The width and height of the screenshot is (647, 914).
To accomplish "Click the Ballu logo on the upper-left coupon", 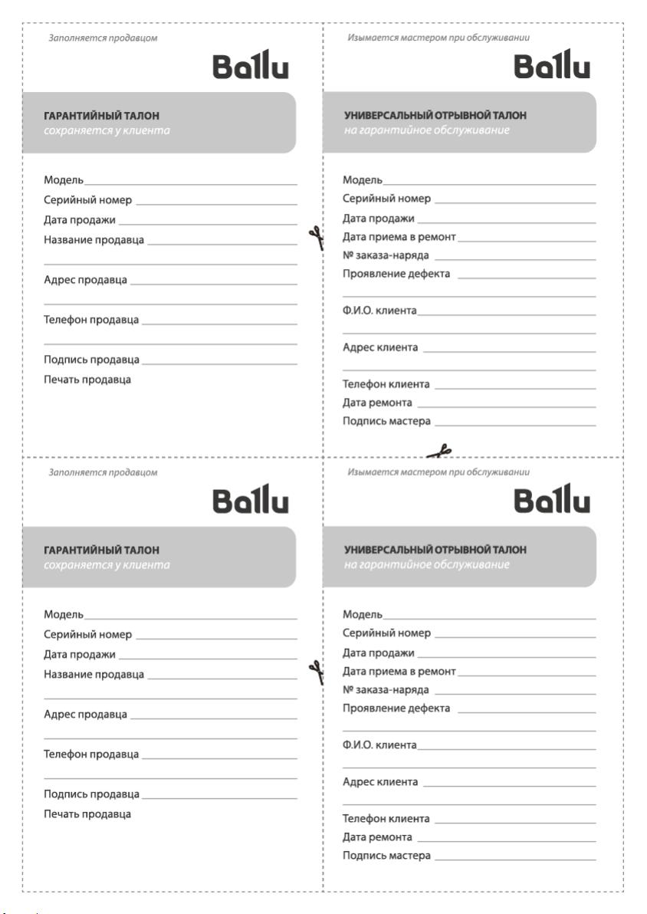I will pyautogui.click(x=251, y=68).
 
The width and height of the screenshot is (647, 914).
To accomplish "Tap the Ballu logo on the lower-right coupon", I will pyautogui.click(x=552, y=502).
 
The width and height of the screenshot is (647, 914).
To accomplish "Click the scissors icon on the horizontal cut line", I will pyautogui.click(x=440, y=451).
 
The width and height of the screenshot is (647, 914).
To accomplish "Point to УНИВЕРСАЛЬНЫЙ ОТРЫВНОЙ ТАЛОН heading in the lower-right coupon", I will pyautogui.click(x=435, y=550).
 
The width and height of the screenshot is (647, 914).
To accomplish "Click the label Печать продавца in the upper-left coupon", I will pyautogui.click(x=87, y=380).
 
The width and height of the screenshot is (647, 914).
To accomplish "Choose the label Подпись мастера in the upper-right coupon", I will pyautogui.click(x=386, y=421).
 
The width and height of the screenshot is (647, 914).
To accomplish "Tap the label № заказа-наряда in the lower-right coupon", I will pyautogui.click(x=386, y=689).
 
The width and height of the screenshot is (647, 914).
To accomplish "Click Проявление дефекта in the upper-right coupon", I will pyautogui.click(x=396, y=274).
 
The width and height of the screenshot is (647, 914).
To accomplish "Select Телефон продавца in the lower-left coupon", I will pyautogui.click(x=91, y=754).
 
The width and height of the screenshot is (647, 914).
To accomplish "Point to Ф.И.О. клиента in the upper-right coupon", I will pyautogui.click(x=379, y=311).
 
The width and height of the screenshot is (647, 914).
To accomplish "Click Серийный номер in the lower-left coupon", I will pyautogui.click(x=88, y=634).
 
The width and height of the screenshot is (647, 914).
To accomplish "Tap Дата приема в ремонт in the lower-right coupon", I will pyautogui.click(x=399, y=671).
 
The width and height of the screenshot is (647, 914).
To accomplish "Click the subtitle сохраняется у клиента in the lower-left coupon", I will pyautogui.click(x=107, y=565).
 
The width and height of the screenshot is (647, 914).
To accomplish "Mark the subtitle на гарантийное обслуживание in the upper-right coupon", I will pyautogui.click(x=426, y=130).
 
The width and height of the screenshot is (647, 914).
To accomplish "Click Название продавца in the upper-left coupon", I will pyautogui.click(x=94, y=240).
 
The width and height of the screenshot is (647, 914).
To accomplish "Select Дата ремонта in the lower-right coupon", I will pyautogui.click(x=377, y=837).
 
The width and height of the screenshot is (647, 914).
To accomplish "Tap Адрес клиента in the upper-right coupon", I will pyautogui.click(x=380, y=347).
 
